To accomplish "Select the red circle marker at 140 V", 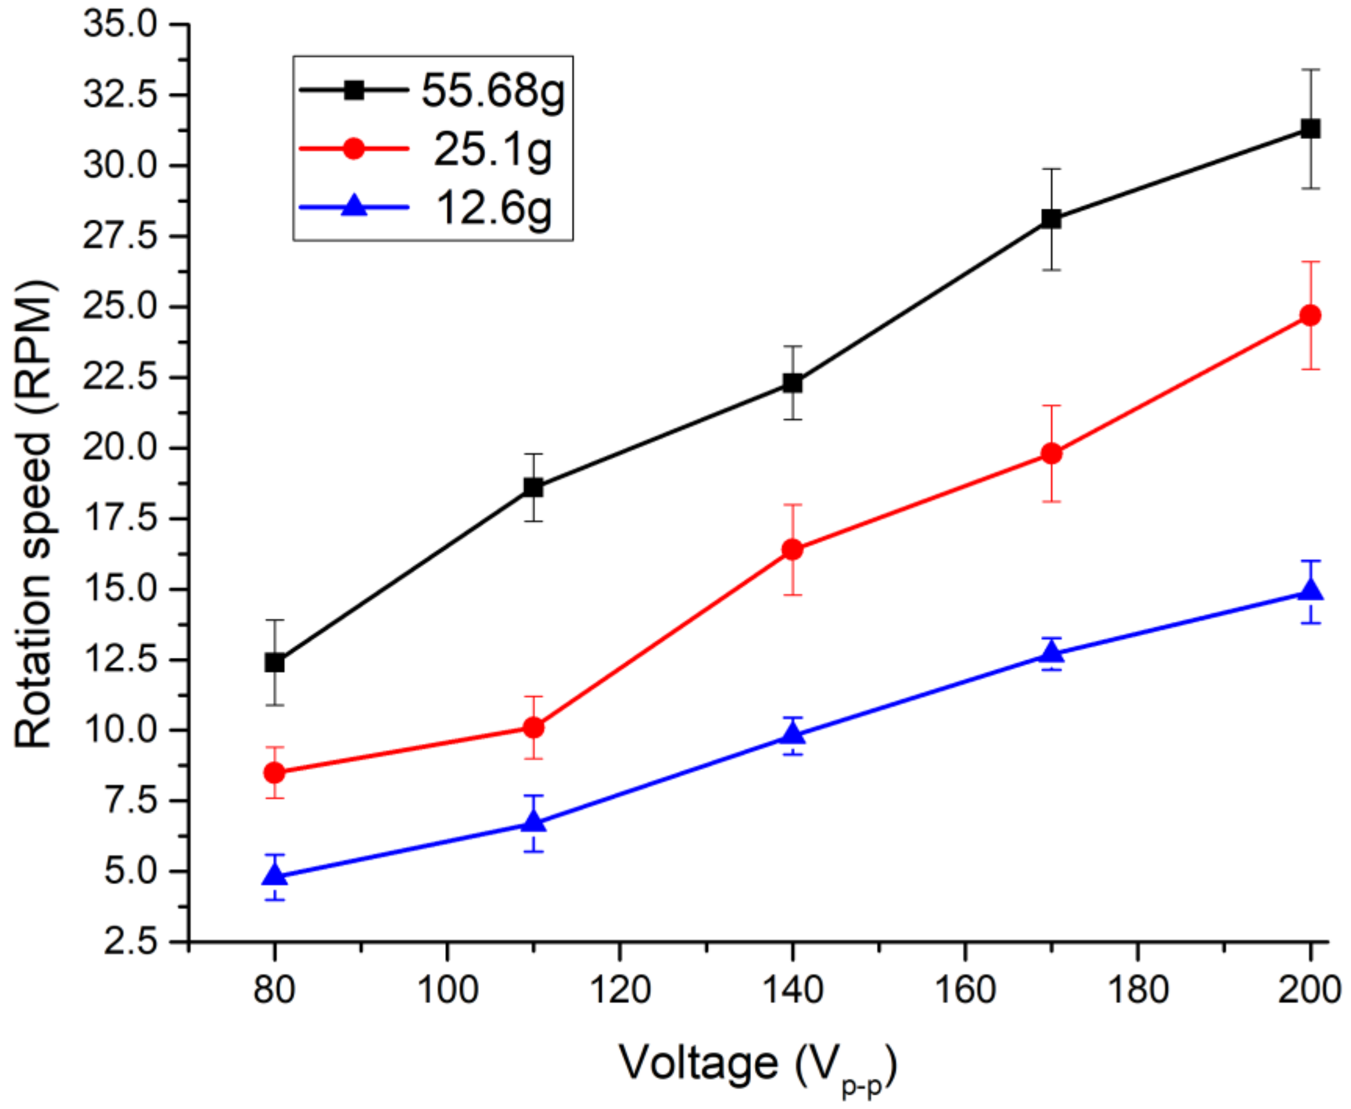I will (x=792, y=549).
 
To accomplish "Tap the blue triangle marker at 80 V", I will (x=275, y=874).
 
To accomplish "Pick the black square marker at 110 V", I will (x=533, y=487).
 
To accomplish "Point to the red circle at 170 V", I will (x=1051, y=453).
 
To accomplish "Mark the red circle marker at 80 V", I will (x=275, y=773).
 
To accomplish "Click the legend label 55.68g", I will (x=493, y=91).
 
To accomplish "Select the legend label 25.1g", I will (x=493, y=151).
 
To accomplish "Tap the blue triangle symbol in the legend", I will (x=354, y=207).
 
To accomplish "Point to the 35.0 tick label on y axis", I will (x=119, y=26).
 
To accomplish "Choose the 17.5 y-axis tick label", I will (x=119, y=519).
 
